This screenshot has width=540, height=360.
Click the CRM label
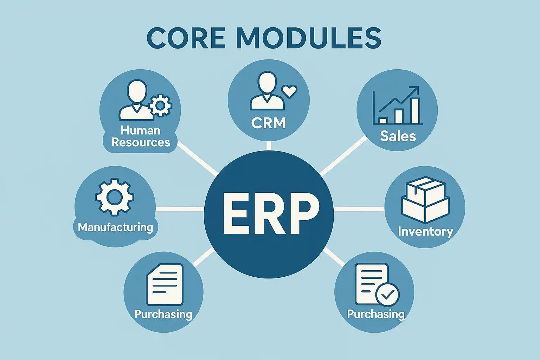(269, 123)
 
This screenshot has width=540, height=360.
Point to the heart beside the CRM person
(290, 91)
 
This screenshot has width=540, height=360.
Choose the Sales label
(398, 136)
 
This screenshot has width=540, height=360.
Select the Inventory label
(425, 231)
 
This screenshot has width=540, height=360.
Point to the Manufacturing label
(115, 227)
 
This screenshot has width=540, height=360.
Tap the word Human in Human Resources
(140, 130)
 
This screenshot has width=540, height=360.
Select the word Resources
(141, 142)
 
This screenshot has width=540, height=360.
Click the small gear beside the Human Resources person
(161, 105)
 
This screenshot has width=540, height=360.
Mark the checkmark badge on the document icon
(387, 295)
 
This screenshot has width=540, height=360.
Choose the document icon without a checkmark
(164, 285)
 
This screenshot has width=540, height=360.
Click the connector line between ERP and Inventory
(359, 209)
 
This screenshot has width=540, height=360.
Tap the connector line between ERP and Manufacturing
(179, 209)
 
